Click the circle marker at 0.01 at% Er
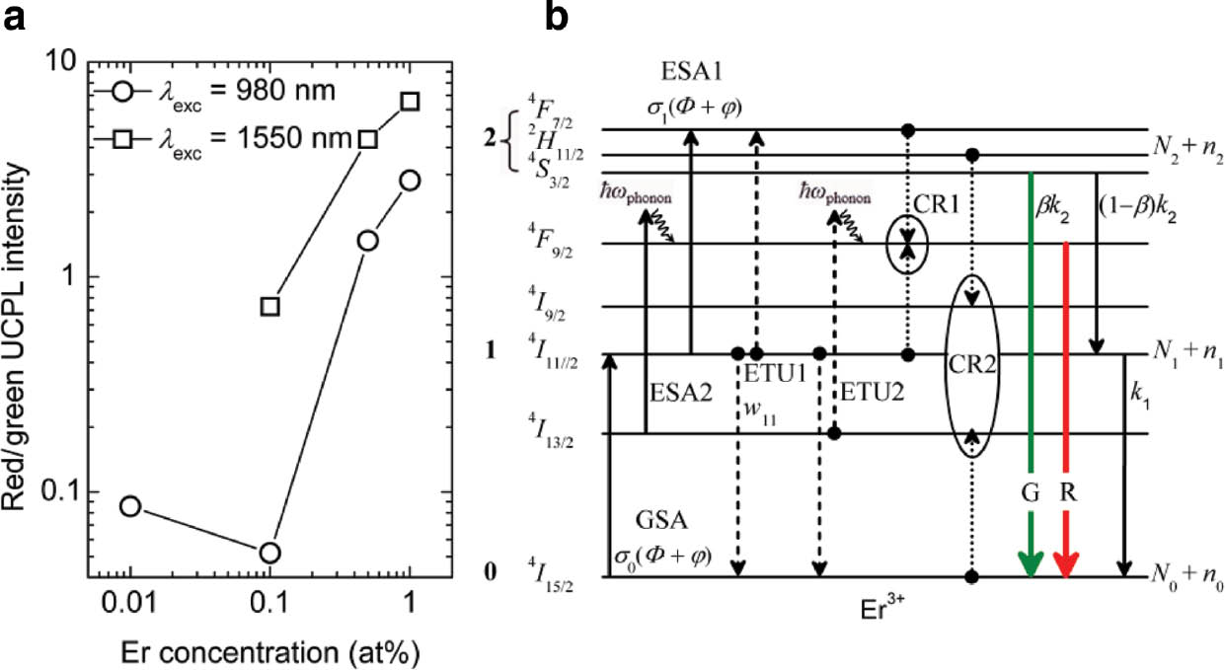pyautogui.click(x=130, y=506)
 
